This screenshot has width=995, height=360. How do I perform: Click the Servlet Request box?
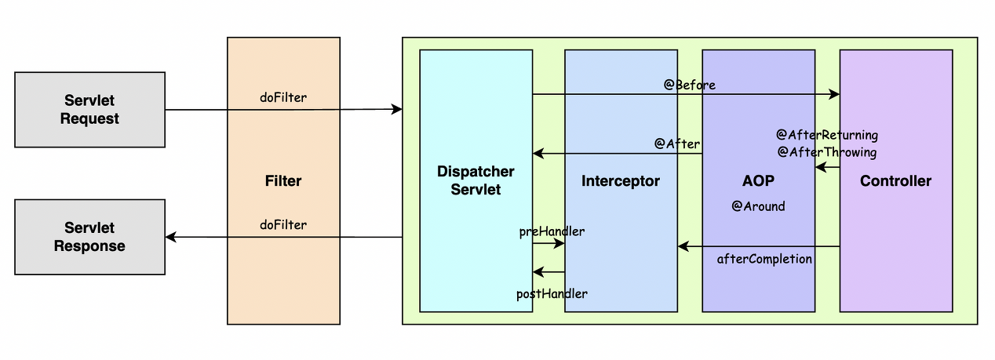tap(89, 110)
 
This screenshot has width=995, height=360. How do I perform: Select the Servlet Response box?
tap(89, 237)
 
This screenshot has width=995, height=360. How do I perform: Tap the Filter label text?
tap(283, 181)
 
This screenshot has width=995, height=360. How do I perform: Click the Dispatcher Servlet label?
tap(476, 180)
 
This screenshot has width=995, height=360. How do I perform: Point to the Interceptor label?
tap(621, 181)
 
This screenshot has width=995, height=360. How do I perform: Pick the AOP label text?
tap(758, 181)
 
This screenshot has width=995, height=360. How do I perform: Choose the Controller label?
tap(895, 181)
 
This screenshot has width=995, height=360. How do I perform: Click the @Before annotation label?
tap(690, 85)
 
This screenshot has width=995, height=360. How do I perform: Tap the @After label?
tap(677, 144)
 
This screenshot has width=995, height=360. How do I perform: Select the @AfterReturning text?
tap(827, 135)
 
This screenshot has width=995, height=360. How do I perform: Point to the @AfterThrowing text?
tap(827, 152)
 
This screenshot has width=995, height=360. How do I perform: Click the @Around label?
tap(758, 206)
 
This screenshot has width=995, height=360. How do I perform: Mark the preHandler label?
tap(552, 231)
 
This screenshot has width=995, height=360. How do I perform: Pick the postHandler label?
tap(552, 293)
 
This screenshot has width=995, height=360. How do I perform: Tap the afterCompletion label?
tap(764, 259)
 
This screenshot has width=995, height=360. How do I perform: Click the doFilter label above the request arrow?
tap(283, 98)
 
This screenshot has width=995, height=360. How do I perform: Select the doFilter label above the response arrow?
tap(283, 225)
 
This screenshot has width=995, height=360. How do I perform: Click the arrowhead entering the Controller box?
tap(834, 95)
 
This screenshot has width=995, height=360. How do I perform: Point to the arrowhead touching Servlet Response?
tap(170, 237)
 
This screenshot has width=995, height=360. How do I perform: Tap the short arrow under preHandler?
tap(549, 244)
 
